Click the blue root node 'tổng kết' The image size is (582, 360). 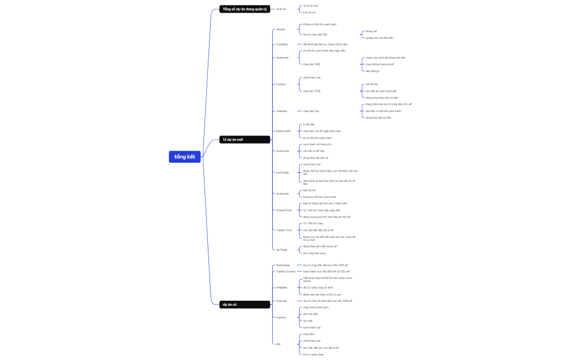tap(185, 157)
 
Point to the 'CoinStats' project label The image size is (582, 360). tap(282, 44)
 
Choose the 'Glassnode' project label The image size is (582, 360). tap(282, 58)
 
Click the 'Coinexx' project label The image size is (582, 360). tap(281, 84)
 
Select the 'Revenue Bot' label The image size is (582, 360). tap(283, 131)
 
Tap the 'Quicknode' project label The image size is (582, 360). tap(282, 151)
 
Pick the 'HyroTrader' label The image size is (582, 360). tap(283, 173)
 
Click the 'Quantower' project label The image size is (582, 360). tap(283, 193)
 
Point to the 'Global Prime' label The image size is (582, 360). tap(284, 210)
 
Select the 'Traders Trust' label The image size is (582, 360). tap(284, 230)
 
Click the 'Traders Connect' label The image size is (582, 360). tap(285, 272)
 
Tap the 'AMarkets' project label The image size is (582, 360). tap(282, 287)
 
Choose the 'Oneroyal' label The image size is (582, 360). tap(282, 301)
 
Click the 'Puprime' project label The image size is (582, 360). tap(281, 317)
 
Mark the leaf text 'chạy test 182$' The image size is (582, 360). tap(312, 64)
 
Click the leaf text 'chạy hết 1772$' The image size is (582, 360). tap(312, 91)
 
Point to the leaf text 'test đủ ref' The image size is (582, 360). tap(309, 190)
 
